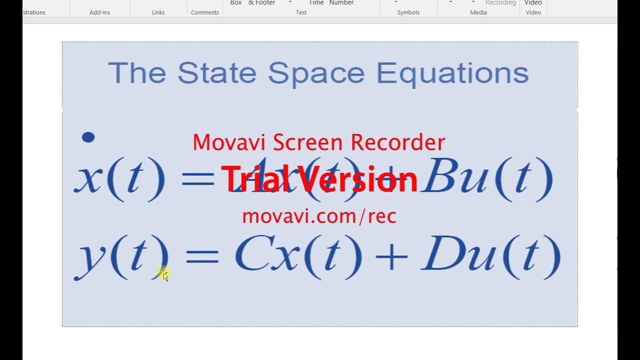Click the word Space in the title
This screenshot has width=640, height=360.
[316, 74]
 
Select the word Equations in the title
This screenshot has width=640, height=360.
[452, 74]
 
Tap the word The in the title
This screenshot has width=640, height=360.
[136, 73]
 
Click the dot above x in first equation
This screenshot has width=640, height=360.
[88, 137]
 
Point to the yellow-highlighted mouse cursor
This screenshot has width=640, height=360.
[164, 273]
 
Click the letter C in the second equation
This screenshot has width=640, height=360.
[251, 256]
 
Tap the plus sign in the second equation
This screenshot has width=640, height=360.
[391, 258]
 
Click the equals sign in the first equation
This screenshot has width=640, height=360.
[198, 179]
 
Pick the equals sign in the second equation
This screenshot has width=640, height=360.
[202, 258]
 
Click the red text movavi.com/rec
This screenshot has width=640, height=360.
[319, 216]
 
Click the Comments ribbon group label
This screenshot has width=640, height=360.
[205, 12]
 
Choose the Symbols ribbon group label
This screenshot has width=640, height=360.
[408, 12]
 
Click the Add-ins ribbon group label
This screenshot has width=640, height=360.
[99, 12]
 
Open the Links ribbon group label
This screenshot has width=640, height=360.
[158, 12]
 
